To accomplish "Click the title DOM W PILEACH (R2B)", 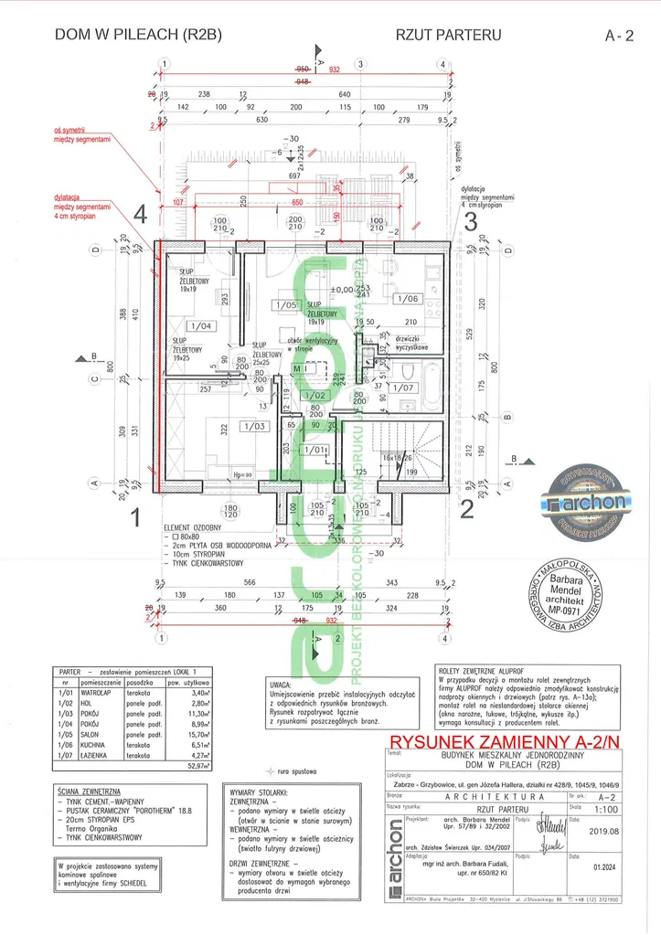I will pos(138,36).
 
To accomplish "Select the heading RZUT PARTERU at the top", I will pos(449,36).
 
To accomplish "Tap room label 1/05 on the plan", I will pos(285,305).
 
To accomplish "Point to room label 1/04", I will pos(199,325).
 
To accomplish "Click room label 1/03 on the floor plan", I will pos(252,426).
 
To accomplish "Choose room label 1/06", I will pos(407,299).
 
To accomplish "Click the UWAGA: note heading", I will pos(282,683).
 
